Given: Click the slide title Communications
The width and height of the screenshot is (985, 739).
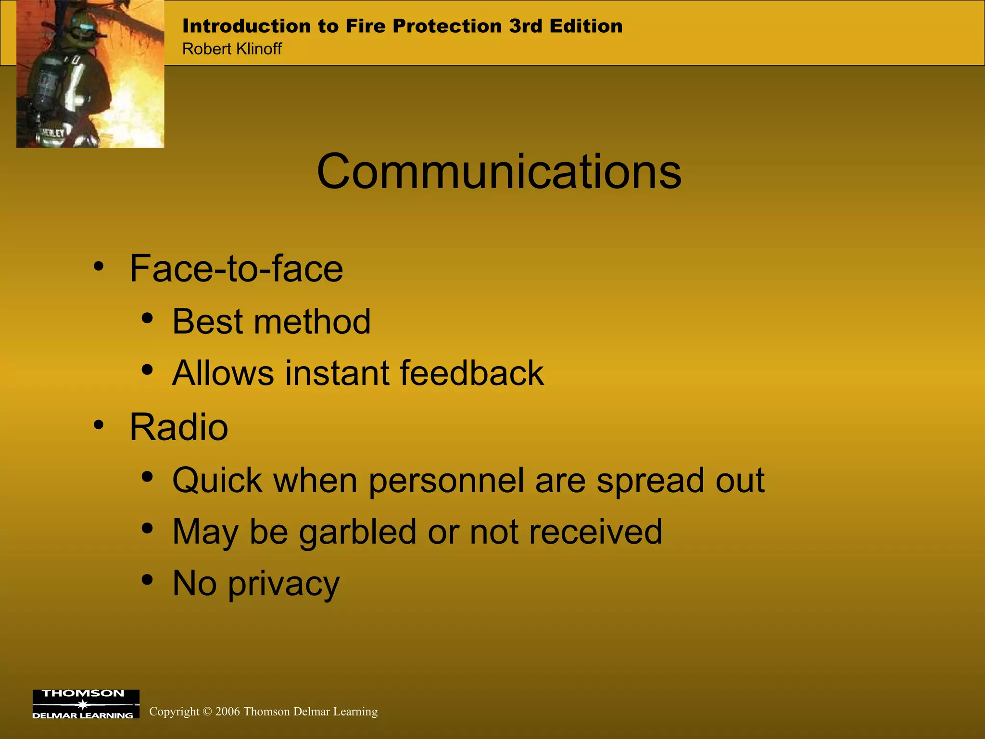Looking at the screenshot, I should tap(499, 172).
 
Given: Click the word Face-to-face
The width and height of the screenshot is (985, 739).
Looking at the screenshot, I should tap(236, 268).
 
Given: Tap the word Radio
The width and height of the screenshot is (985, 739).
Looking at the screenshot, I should tap(178, 427).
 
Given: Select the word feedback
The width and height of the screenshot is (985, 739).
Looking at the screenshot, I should tap(471, 373).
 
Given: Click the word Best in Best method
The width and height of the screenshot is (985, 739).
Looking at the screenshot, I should tap(207, 321).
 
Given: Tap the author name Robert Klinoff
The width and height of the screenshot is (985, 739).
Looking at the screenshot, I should tap(232, 49).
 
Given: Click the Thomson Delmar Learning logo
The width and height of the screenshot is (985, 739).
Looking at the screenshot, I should tap(86, 704).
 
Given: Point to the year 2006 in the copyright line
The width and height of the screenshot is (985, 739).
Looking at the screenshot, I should tap(227, 712).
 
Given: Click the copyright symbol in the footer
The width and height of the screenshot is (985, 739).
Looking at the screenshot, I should tap(207, 712).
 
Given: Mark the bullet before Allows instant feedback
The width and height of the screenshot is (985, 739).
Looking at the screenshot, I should tap(147, 370).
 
